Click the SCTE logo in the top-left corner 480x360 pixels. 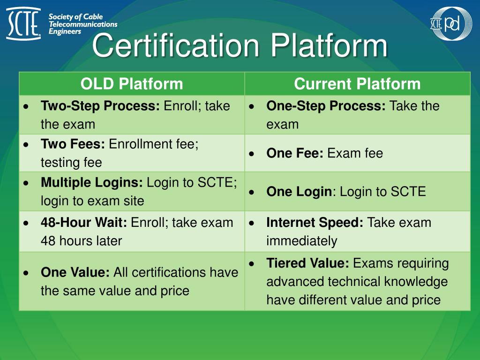click(x=23, y=24)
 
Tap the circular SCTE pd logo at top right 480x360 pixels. click(x=451, y=23)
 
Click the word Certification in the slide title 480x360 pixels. click(x=175, y=46)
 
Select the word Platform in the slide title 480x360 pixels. click(x=330, y=46)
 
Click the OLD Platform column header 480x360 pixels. click(x=131, y=84)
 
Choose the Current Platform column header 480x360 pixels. click(x=357, y=84)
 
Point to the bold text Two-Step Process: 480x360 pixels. click(x=100, y=106)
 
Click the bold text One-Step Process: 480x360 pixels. click(x=326, y=106)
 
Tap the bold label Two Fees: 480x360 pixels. click(x=73, y=144)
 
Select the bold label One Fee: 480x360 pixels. click(x=295, y=153)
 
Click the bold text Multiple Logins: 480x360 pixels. click(x=92, y=182)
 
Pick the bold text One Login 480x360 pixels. click(x=299, y=192)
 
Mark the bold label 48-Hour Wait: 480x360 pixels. click(x=84, y=222)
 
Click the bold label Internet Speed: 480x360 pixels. click(x=315, y=222)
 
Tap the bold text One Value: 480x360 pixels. click(x=75, y=272)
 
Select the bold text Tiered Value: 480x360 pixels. click(x=307, y=263)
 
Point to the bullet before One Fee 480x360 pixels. click(x=252, y=154)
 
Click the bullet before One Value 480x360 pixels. click(x=27, y=273)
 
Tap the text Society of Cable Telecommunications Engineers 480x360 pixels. click(x=83, y=24)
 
